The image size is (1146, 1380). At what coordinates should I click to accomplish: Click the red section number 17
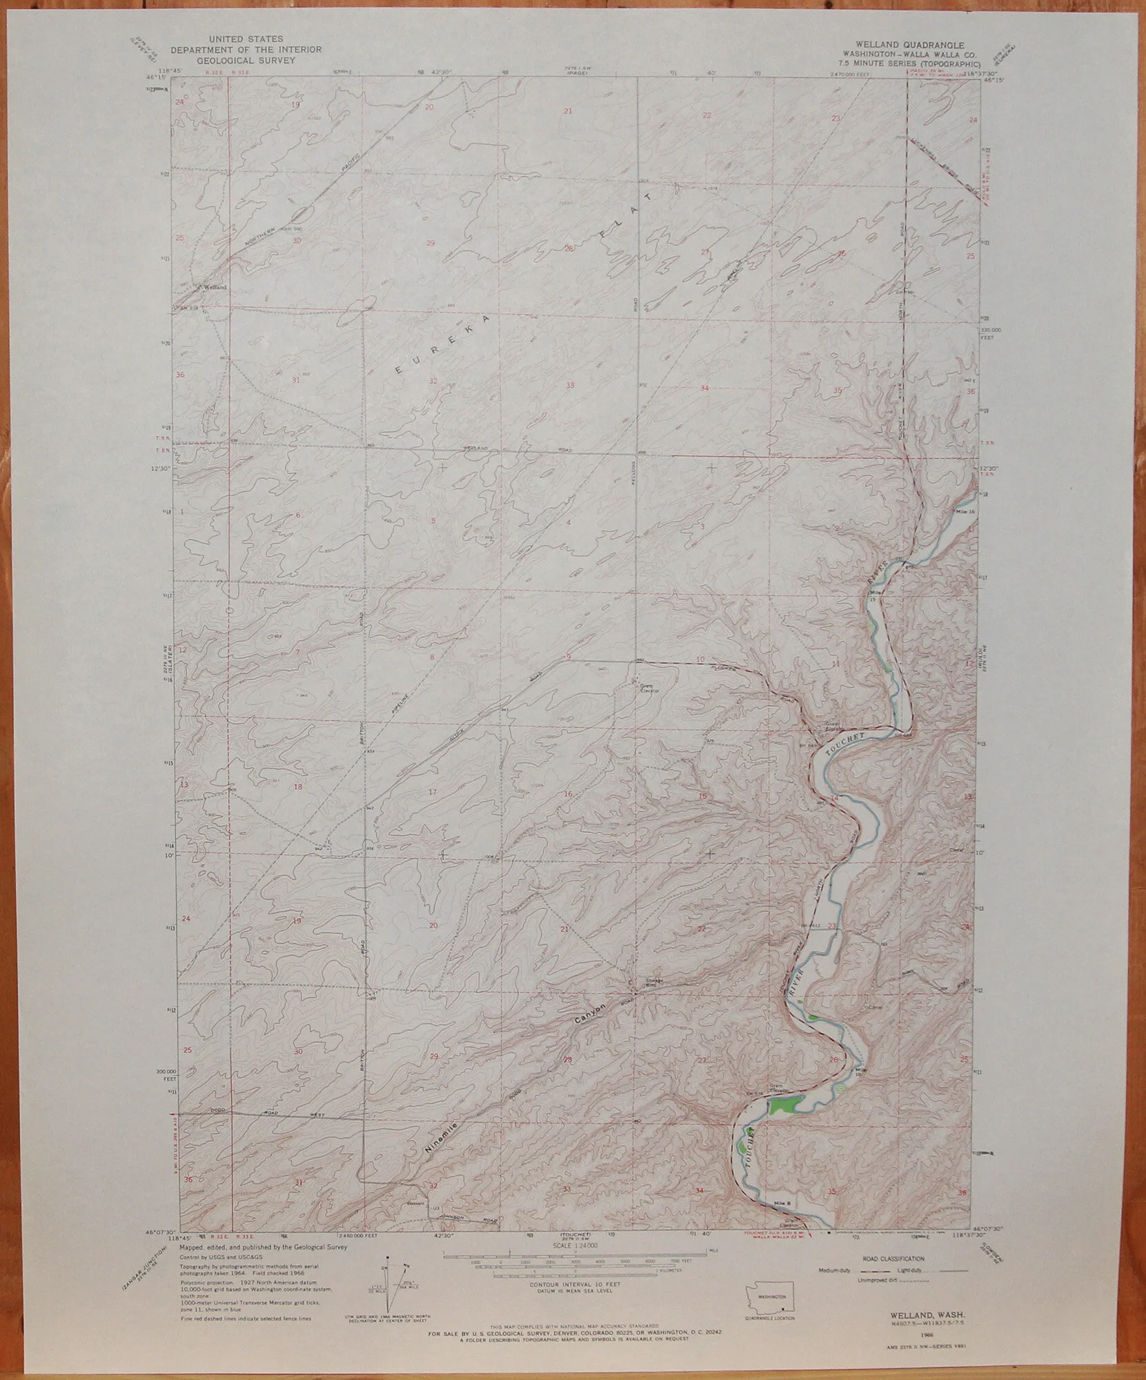coord(433,791)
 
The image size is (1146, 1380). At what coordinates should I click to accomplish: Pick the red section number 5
coord(433,519)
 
